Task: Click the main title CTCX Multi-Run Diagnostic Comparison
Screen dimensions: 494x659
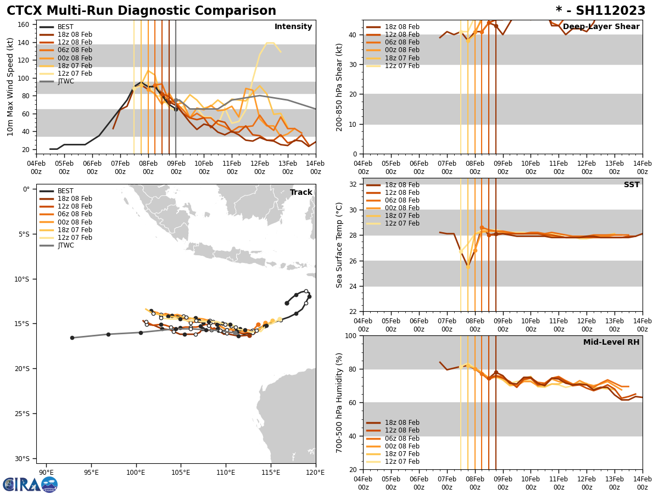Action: pos(141,11)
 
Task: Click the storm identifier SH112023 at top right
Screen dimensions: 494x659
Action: pos(600,11)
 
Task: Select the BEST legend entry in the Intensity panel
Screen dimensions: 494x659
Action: pos(65,27)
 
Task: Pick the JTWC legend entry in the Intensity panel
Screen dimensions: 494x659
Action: pos(65,81)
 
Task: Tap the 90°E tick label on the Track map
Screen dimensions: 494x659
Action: pos(46,472)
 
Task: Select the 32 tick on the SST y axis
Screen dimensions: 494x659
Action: pos(354,184)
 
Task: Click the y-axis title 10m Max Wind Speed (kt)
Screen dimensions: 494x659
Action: pos(10,87)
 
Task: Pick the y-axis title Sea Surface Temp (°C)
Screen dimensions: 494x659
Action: pos(339,245)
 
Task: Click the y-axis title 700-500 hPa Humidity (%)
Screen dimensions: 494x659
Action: pos(339,403)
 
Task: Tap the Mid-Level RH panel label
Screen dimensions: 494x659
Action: pos(611,343)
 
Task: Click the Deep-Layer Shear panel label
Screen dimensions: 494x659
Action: pos(601,27)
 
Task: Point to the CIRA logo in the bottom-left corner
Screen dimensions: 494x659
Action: pos(30,484)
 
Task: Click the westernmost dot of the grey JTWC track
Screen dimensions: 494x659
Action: pos(72,338)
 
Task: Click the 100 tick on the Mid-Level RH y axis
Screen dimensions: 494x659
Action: pos(351,336)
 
